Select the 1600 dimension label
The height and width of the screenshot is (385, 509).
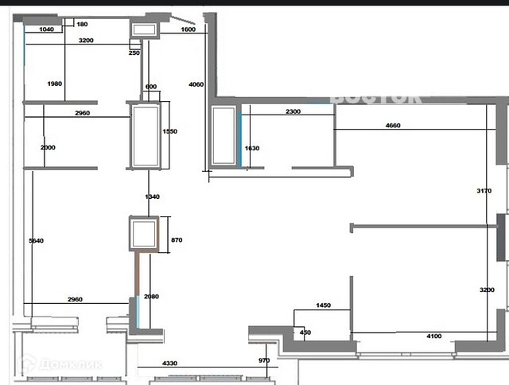(x=188, y=29)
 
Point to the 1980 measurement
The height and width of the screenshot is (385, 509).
(x=55, y=84)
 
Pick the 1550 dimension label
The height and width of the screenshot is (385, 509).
(x=169, y=132)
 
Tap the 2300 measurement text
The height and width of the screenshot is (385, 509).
(x=293, y=112)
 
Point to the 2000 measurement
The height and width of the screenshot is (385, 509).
(x=48, y=148)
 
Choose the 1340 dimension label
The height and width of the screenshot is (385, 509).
(x=153, y=196)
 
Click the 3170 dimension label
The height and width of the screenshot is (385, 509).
(x=495, y=191)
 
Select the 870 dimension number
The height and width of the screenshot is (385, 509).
(x=177, y=239)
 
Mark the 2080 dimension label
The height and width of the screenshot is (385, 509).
(x=153, y=297)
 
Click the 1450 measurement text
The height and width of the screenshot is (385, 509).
(x=322, y=305)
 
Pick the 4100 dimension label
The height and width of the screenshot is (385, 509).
(x=434, y=336)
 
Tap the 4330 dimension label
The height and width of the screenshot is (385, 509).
(x=170, y=364)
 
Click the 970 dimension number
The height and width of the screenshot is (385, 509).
(x=264, y=361)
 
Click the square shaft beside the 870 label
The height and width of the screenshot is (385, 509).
(x=145, y=234)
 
